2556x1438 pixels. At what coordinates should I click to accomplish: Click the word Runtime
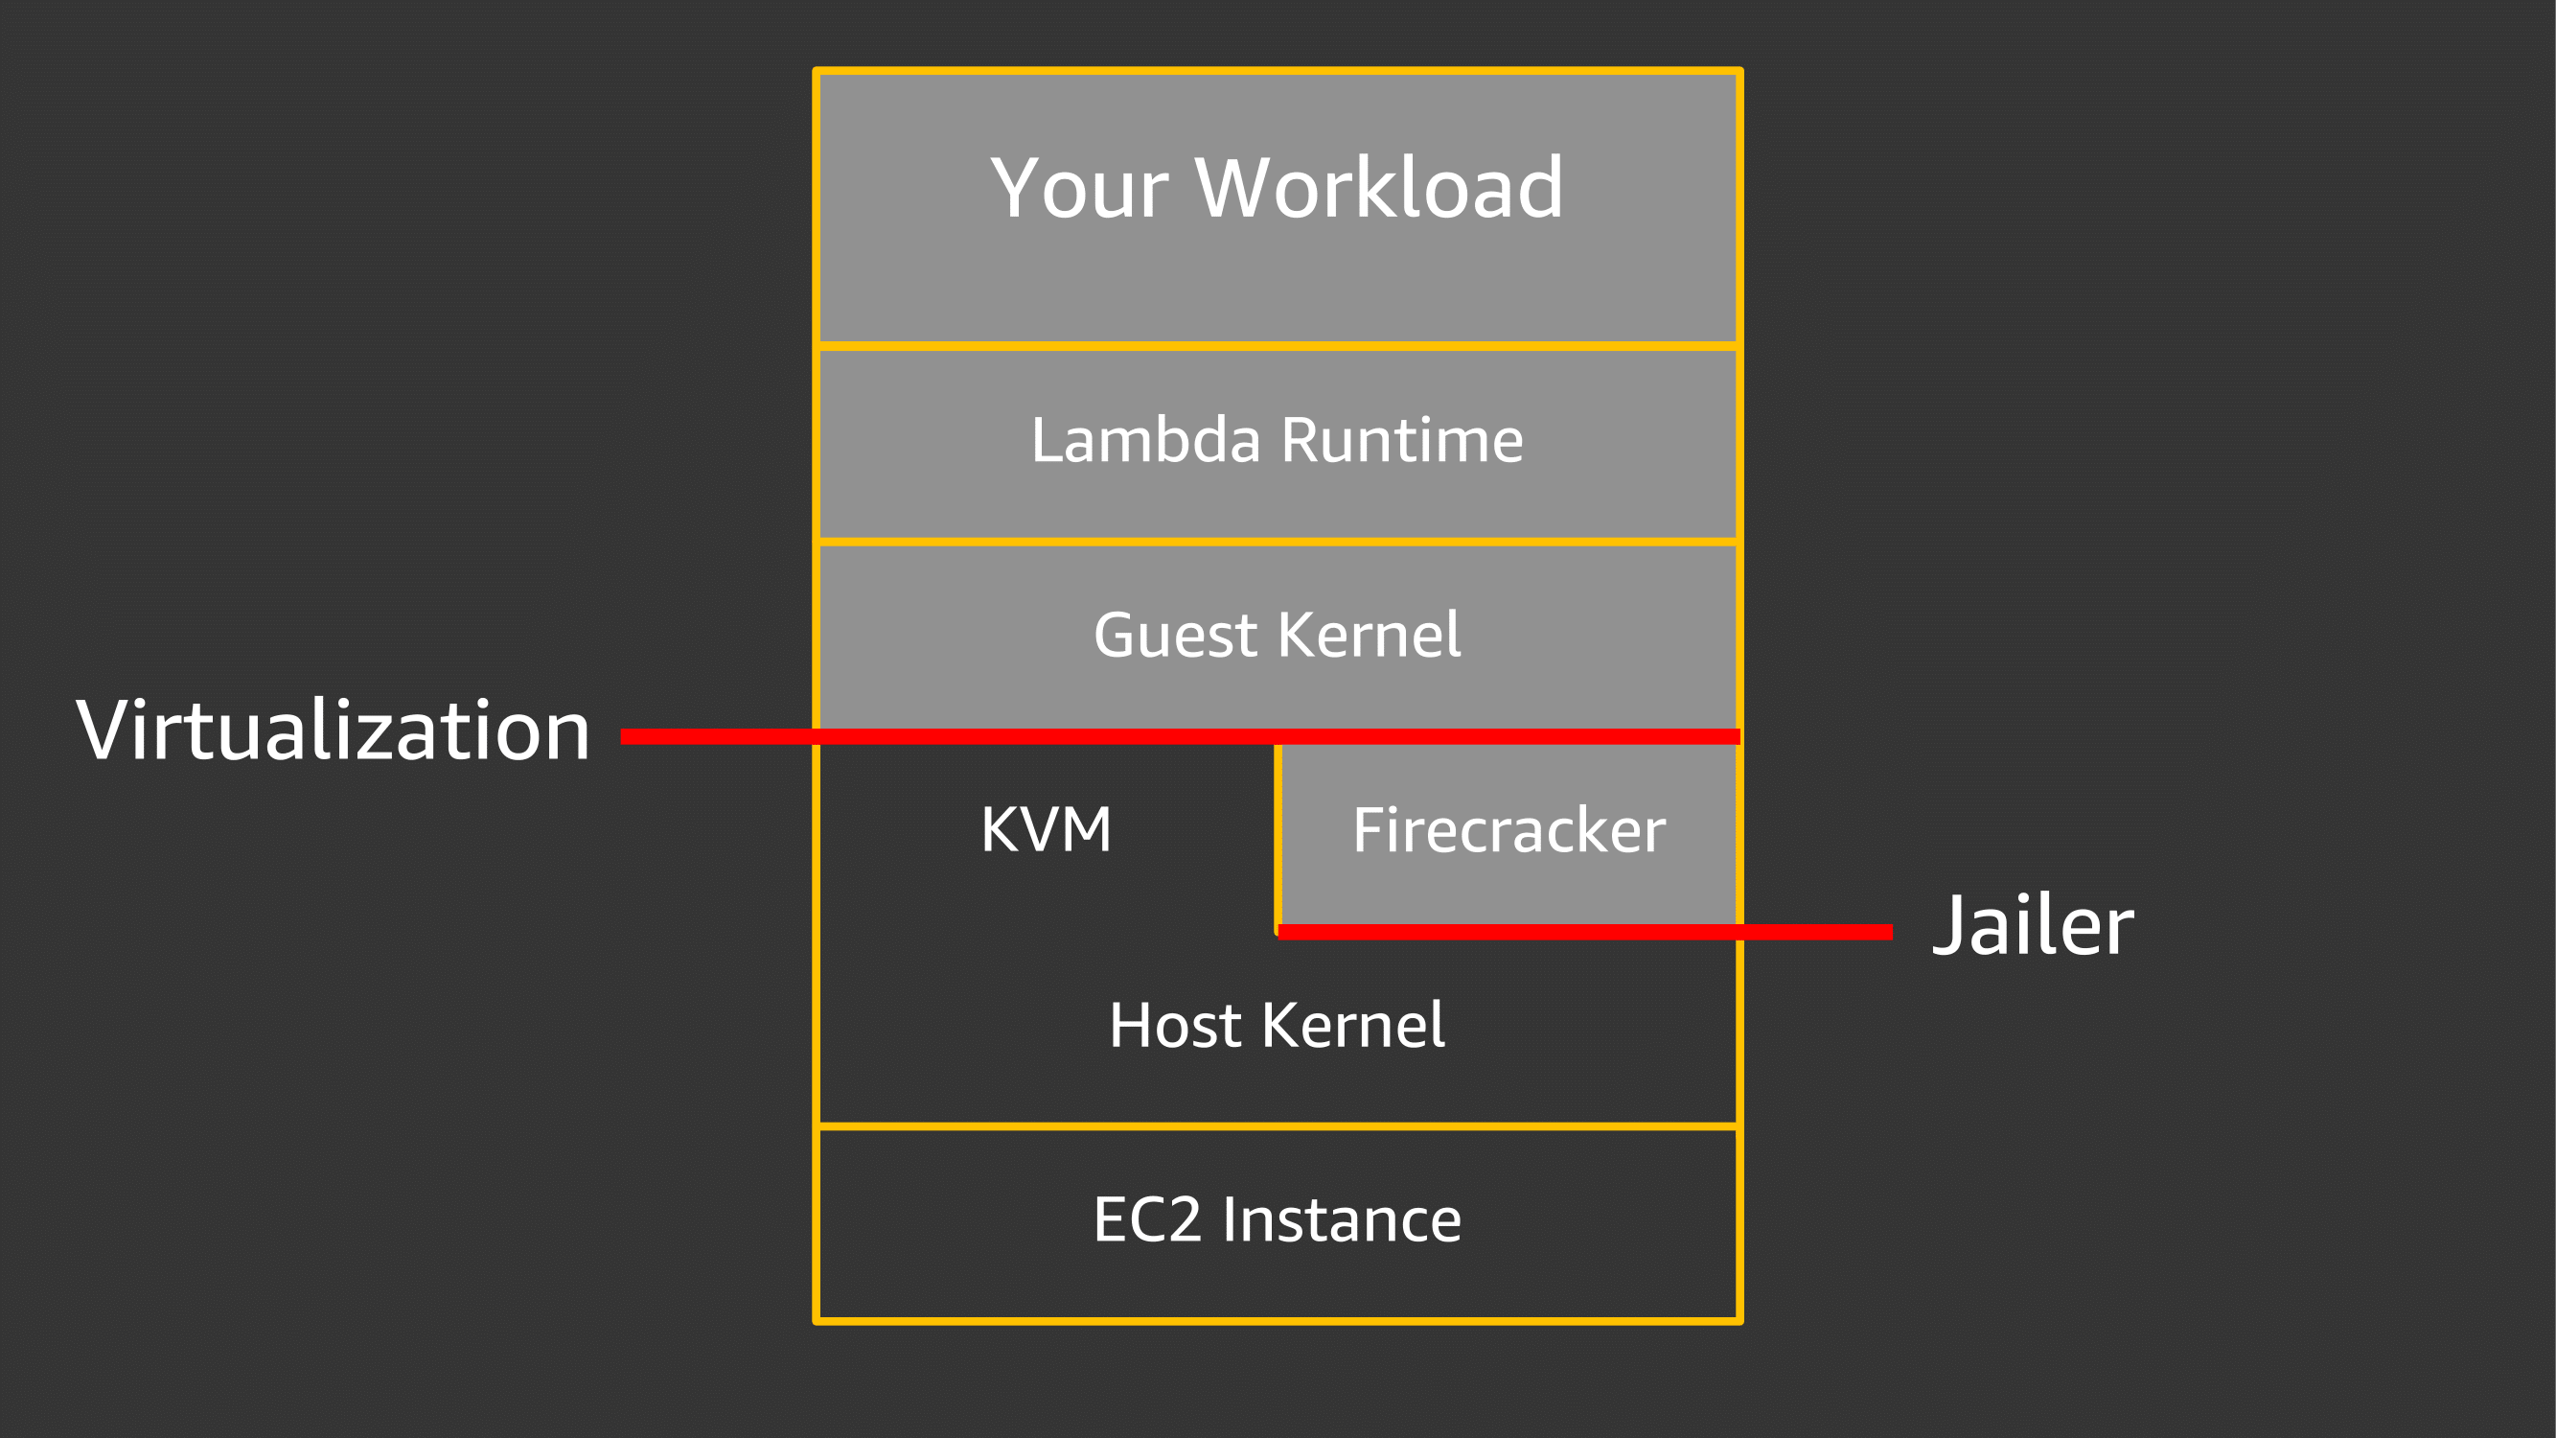pyautogui.click(x=1401, y=440)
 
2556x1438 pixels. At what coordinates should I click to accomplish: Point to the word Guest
pyautogui.click(x=1175, y=636)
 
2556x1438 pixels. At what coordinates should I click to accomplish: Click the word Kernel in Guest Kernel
pyautogui.click(x=1370, y=636)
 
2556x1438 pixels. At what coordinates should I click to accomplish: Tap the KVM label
pyautogui.click(x=1046, y=829)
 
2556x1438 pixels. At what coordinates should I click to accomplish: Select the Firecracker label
pyautogui.click(x=1508, y=830)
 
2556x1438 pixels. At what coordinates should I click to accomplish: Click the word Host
pyautogui.click(x=1175, y=1025)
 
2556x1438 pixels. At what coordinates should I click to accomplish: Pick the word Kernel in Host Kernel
pyautogui.click(x=1353, y=1025)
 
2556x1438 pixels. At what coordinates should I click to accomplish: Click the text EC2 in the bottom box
pyautogui.click(x=1146, y=1219)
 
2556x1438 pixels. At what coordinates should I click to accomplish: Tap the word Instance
pyautogui.click(x=1342, y=1219)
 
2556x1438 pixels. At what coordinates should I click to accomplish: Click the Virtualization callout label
pyautogui.click(x=334, y=731)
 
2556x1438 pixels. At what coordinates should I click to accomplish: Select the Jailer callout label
pyautogui.click(x=2032, y=926)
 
